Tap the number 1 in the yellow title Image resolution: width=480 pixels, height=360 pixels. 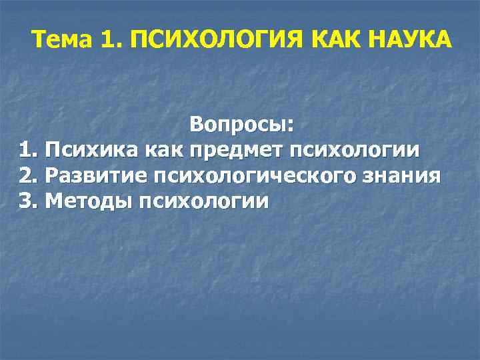point(109,41)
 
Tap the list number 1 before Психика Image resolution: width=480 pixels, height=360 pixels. point(26,150)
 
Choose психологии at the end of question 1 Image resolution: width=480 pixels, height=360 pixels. point(354,151)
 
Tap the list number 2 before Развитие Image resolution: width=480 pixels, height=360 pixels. point(26,175)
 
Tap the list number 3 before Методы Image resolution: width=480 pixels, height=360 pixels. point(26,201)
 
